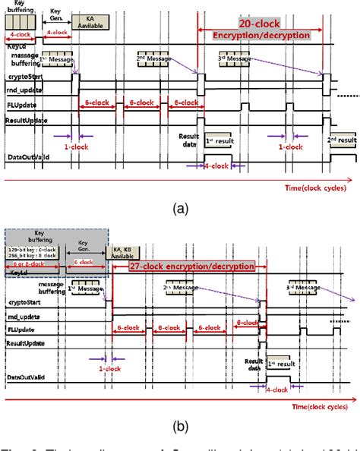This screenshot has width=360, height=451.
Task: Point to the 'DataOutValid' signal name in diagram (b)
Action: [x=27, y=377]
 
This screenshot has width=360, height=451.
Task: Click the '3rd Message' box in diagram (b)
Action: [x=323, y=289]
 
